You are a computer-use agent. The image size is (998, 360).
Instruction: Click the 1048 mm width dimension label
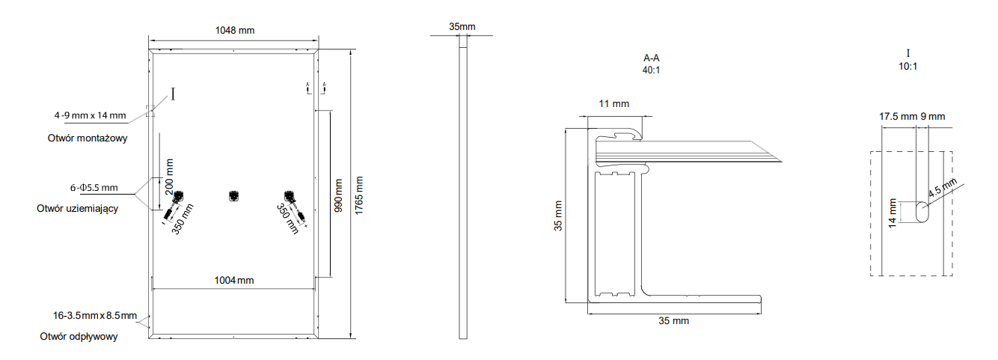tap(235, 30)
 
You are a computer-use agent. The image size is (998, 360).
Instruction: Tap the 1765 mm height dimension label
tap(359, 195)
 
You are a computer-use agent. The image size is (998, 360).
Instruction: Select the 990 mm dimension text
tap(338, 195)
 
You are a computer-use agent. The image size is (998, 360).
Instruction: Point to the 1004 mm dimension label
tap(234, 280)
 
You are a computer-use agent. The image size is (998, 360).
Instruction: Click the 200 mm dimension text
tap(169, 177)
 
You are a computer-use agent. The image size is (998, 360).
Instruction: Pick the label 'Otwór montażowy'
tap(88, 138)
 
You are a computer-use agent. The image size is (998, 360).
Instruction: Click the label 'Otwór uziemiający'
tap(78, 209)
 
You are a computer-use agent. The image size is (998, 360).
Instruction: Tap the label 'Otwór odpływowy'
tap(79, 336)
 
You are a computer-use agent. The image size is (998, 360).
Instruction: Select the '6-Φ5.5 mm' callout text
tap(94, 188)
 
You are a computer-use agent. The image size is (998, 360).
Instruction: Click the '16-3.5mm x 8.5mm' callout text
tap(95, 315)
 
